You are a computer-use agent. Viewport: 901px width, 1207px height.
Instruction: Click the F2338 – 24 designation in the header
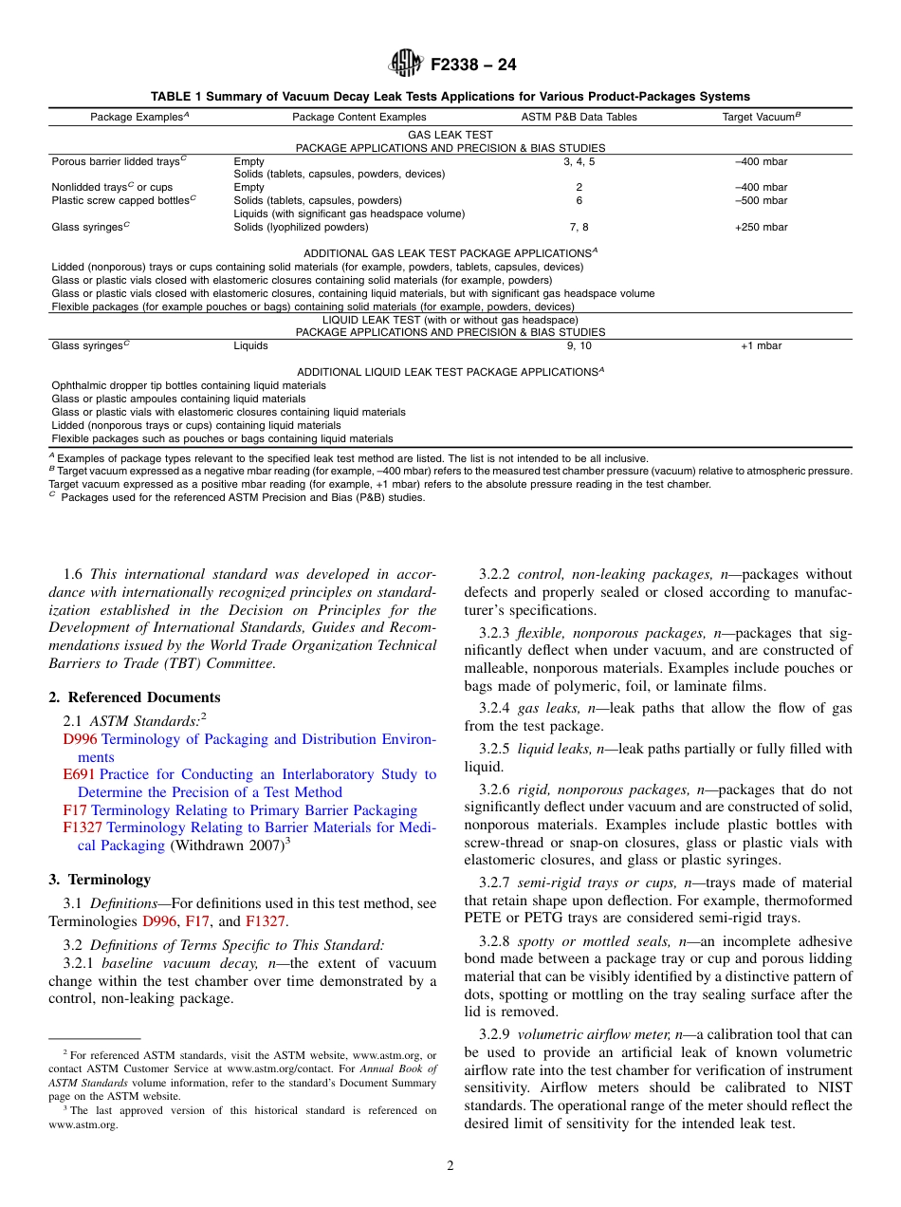(x=473, y=65)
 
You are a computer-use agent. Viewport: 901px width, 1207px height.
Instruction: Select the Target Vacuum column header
(x=762, y=117)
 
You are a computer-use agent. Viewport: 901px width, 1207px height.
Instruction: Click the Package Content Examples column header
(x=359, y=117)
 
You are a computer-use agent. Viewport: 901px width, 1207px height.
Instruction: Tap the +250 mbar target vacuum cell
(x=761, y=227)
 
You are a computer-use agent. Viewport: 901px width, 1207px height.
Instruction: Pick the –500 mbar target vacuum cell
(x=761, y=200)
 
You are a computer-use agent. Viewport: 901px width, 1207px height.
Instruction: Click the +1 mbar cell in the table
(x=761, y=345)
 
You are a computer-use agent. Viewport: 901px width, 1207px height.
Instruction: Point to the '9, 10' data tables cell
(x=579, y=345)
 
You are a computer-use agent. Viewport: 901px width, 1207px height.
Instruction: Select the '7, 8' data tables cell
(x=579, y=227)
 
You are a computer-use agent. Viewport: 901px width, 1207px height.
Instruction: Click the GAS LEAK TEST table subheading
(x=450, y=136)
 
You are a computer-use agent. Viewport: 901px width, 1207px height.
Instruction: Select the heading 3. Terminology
(x=100, y=880)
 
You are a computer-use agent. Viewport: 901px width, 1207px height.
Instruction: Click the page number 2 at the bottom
(x=450, y=1166)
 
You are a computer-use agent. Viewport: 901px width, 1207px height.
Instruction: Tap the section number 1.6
(x=73, y=574)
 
